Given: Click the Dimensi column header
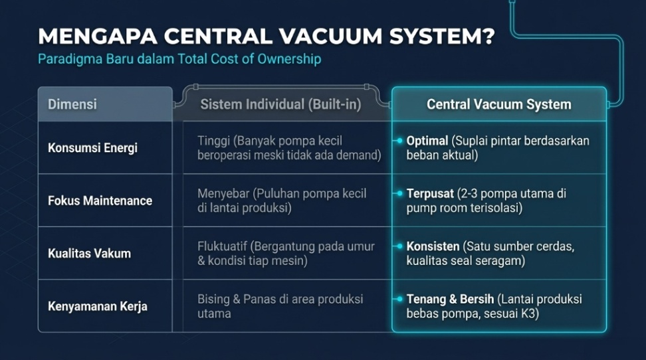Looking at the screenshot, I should tap(72, 104).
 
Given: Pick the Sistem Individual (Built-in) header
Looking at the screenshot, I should tap(280, 104).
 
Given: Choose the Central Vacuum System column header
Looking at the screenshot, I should tap(498, 104).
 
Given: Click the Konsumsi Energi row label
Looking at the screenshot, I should tap(92, 147).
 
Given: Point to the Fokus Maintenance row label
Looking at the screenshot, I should tap(100, 201).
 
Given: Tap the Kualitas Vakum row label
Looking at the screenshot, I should tap(89, 253).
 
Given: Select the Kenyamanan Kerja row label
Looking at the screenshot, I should tap(98, 306).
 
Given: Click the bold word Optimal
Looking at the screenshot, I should tap(427, 141).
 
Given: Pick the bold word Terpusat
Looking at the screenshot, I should tap(430, 194).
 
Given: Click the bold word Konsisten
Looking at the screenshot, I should tap(433, 246).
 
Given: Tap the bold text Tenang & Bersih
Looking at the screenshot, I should tap(450, 300).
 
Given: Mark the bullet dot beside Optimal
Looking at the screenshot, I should tap(399, 141).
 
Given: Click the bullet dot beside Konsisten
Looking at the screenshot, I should tap(399, 246).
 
